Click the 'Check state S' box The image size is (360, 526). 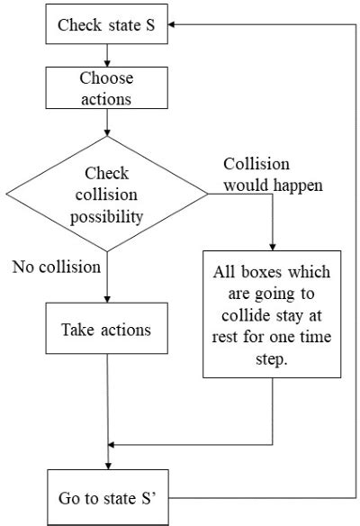point(105,23)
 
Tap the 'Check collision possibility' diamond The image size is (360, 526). point(106,194)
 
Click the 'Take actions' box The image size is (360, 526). point(106,330)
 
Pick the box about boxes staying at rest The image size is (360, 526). point(272,313)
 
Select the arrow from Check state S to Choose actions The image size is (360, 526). point(106,56)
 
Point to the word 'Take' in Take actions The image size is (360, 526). point(78,330)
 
